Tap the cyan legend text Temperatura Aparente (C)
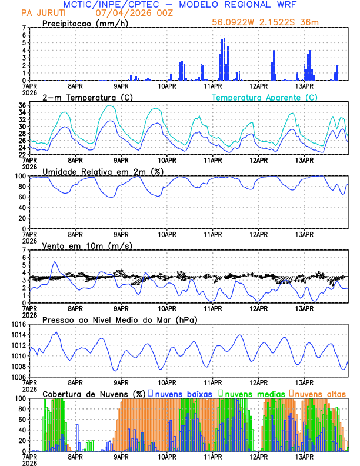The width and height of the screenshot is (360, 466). pos(265,97)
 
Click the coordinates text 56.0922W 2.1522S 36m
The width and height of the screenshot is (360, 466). pos(266,22)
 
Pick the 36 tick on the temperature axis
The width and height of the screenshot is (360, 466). pos(21,105)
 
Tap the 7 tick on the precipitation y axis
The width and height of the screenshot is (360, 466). pos(24,28)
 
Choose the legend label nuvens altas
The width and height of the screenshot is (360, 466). pos(321,393)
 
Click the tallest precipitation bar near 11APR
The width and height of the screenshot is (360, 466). pos(222,59)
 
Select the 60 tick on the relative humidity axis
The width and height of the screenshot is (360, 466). pos(21,197)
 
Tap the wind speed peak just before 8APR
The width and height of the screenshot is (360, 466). pos(55,262)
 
